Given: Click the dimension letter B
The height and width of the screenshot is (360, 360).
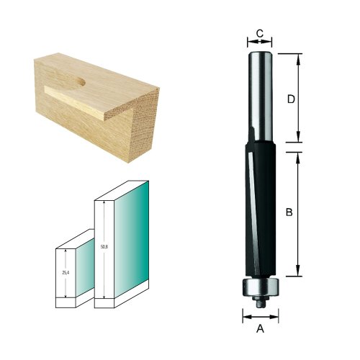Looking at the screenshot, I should point(288,212).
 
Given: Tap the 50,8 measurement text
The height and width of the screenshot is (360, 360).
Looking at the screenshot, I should point(106,246).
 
